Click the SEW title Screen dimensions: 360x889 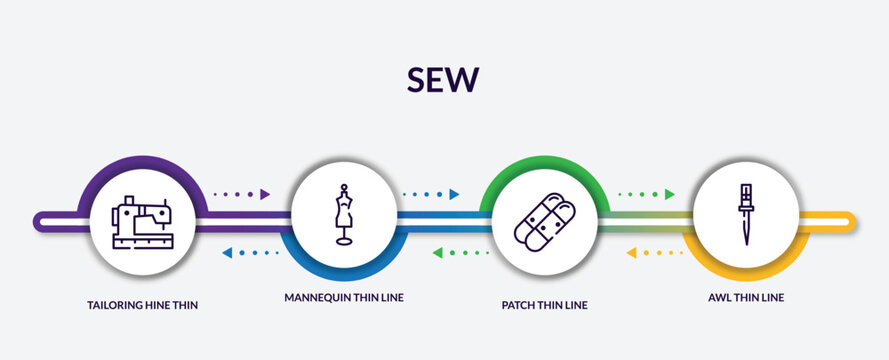click(444, 79)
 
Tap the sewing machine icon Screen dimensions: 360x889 click(142, 221)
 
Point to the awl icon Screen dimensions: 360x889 click(745, 214)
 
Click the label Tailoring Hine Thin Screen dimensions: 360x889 click(142, 304)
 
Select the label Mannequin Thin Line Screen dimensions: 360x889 click(344, 297)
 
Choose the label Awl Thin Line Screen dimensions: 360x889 click(745, 297)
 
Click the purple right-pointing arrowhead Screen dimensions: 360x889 click(265, 194)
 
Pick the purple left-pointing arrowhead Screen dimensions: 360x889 click(227, 253)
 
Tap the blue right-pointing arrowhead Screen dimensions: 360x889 click(454, 194)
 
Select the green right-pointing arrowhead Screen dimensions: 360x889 click(669, 194)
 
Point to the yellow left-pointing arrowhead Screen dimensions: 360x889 click(631, 253)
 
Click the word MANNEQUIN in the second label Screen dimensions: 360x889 click(317, 297)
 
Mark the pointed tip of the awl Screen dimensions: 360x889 click(745, 244)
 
